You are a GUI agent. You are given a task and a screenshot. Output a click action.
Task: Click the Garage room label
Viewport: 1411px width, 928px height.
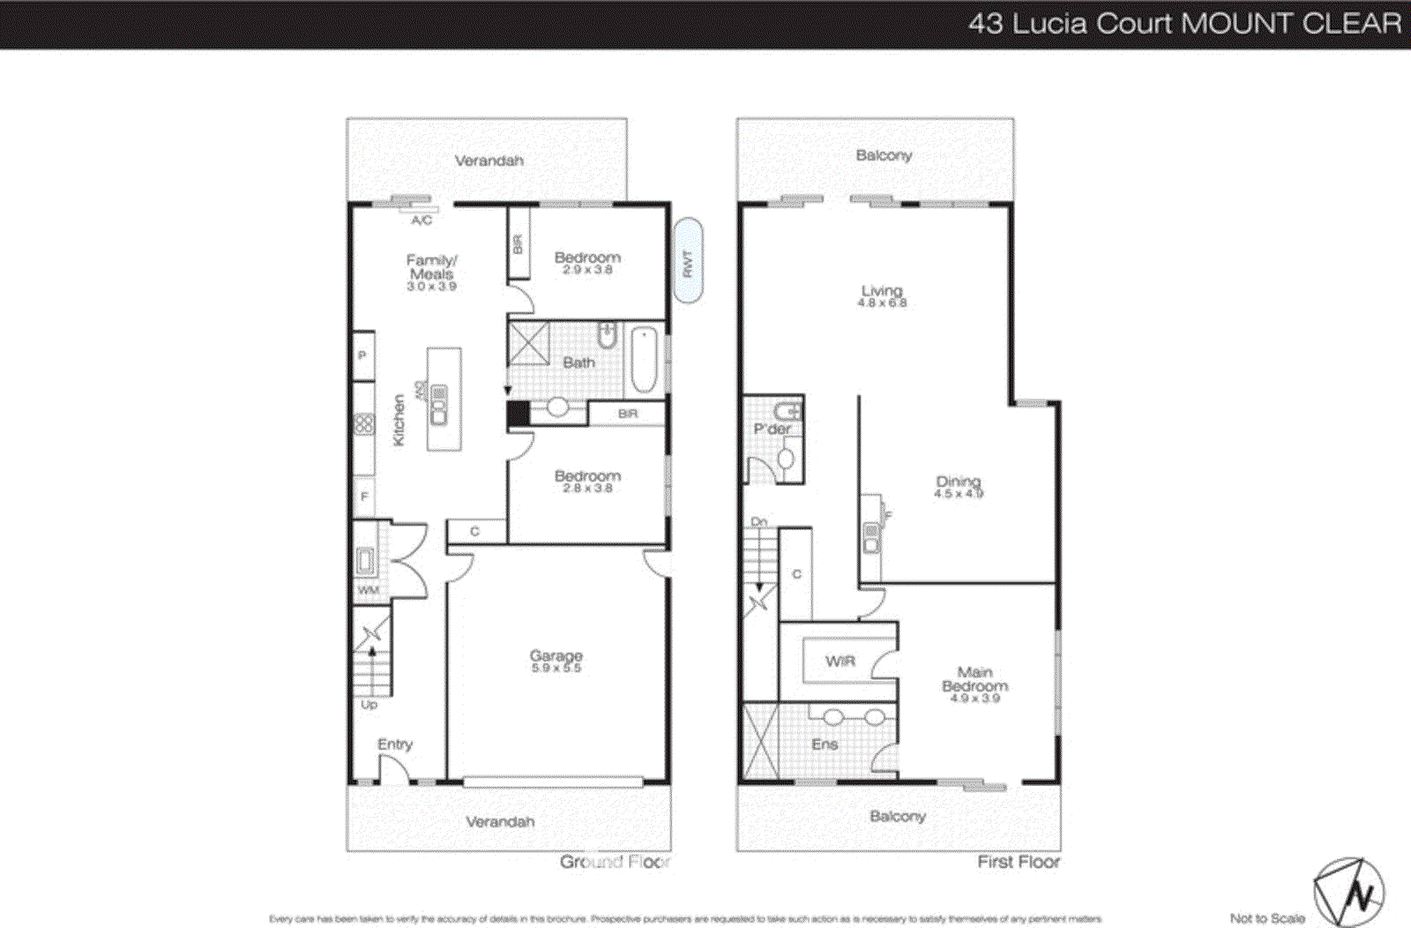pos(556,661)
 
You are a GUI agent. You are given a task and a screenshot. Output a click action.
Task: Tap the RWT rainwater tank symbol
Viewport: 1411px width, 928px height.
pos(688,262)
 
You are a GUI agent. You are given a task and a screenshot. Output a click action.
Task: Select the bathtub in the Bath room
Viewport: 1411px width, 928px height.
pos(644,361)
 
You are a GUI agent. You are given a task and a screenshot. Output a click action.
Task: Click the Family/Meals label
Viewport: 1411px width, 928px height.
pos(431,272)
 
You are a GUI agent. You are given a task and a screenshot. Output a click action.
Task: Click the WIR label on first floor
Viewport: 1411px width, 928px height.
pos(840,661)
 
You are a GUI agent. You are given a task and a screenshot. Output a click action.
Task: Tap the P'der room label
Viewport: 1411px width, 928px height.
pos(772,429)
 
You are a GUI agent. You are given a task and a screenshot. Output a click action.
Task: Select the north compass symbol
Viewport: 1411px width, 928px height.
pos(1348,894)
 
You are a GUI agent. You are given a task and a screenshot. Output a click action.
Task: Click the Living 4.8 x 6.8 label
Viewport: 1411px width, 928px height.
pos(882,296)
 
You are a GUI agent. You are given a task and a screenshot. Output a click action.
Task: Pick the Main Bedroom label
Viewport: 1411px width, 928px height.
pos(974,684)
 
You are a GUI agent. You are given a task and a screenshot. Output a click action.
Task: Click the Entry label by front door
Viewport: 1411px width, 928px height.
pos(394,744)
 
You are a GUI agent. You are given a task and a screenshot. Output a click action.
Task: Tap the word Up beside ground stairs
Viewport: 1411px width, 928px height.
pos(369,704)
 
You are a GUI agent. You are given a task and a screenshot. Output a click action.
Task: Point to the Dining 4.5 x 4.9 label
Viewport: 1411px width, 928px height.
pos(959,487)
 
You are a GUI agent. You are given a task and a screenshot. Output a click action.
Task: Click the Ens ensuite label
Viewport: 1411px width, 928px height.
pos(825,745)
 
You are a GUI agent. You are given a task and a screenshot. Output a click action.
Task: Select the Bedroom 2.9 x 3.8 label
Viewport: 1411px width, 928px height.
pos(587,262)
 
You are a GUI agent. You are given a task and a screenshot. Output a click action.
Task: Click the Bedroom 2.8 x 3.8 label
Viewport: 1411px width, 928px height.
pos(587,481)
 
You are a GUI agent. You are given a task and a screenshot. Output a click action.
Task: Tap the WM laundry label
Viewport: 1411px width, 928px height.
pos(368,590)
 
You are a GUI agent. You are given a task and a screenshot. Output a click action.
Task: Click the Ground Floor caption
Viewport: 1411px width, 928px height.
pos(615,862)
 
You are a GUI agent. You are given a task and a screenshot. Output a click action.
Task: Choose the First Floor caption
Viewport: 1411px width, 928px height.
pos(1019,862)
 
